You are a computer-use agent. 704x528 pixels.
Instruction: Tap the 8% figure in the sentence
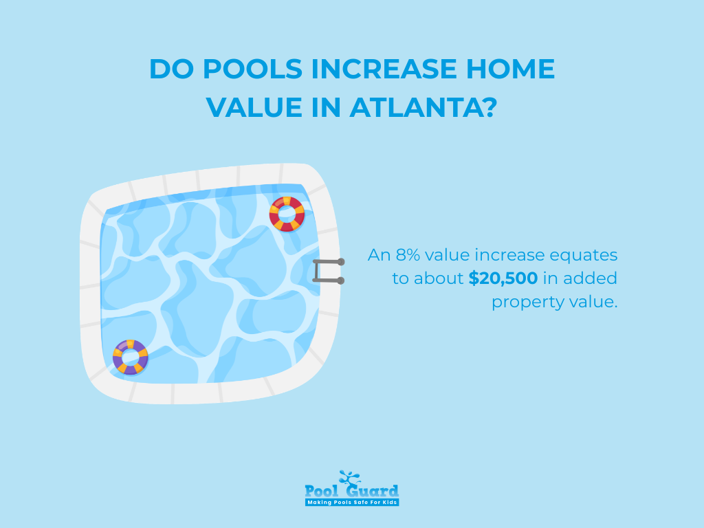pyautogui.click(x=408, y=255)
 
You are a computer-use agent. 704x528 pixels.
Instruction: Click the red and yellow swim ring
pyautogui.click(x=287, y=213)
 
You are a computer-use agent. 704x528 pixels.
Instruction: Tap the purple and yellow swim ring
pyautogui.click(x=131, y=356)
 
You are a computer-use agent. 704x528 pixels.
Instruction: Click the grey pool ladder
pyautogui.click(x=329, y=271)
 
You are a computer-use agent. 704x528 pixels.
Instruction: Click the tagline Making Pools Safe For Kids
pyautogui.click(x=352, y=503)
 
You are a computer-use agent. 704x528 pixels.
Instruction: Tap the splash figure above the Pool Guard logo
pyautogui.click(x=349, y=477)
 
